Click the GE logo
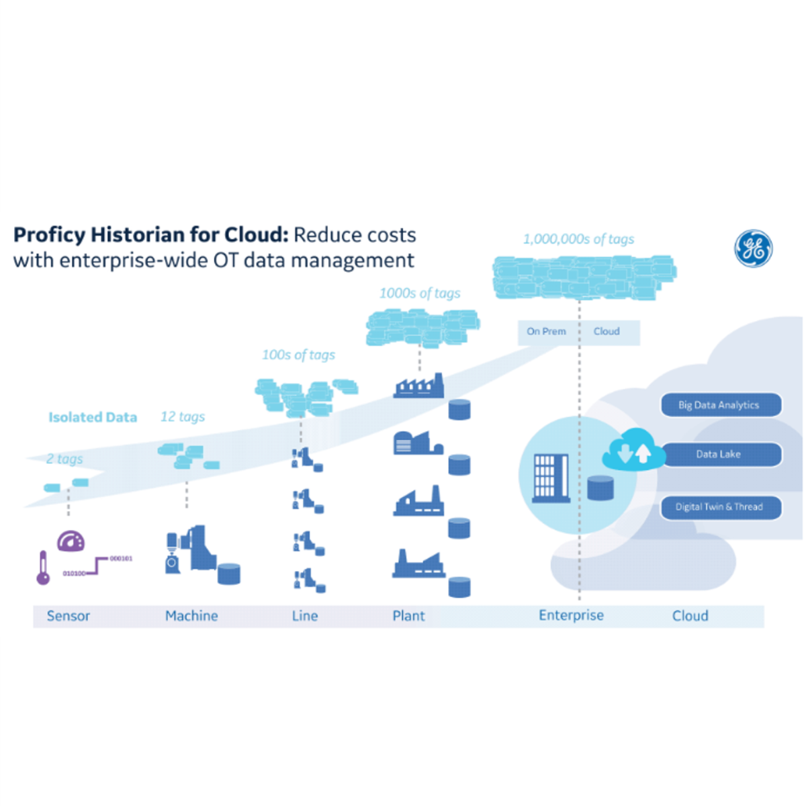coord(753,248)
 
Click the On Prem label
coord(546,332)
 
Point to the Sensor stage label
coord(69,616)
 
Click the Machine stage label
coord(191,616)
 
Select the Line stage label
coord(305,616)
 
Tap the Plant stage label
coord(408,616)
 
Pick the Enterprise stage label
coord(571,616)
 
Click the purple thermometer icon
coord(43,568)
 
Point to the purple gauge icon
coord(71,541)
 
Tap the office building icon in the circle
coord(550,478)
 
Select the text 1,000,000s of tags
coord(578,239)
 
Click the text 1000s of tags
coord(420,294)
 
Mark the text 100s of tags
coord(298,355)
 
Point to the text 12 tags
coord(183,417)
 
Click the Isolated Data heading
coord(93,417)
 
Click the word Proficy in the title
coord(50,235)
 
